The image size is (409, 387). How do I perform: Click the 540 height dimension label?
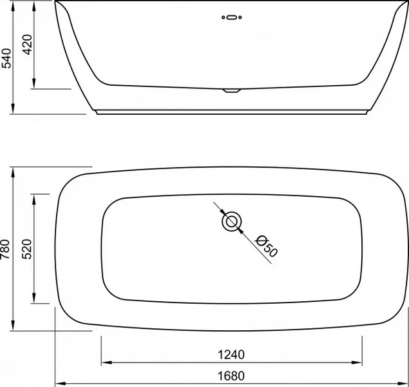(6, 58)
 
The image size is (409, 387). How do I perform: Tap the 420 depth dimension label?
(27, 45)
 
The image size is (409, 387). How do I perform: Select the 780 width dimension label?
(5, 249)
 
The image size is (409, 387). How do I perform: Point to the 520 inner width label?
(27, 249)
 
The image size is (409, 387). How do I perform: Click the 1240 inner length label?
(231, 355)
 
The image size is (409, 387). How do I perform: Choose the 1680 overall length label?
(231, 376)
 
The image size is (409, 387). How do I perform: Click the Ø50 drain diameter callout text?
(267, 246)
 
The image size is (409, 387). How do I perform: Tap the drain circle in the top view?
(231, 222)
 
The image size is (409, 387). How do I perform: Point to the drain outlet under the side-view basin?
(231, 90)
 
